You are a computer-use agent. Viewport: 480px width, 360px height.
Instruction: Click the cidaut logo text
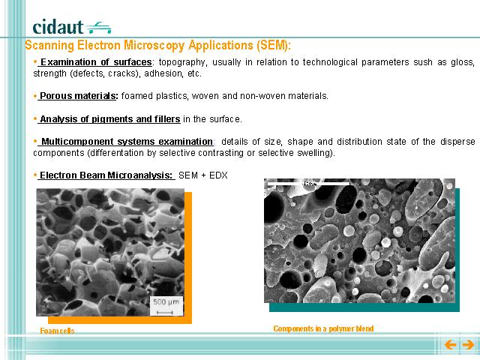click(x=58, y=27)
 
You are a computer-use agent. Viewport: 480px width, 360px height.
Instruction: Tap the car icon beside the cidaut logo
click(x=99, y=28)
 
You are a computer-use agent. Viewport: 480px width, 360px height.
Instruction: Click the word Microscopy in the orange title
click(x=154, y=45)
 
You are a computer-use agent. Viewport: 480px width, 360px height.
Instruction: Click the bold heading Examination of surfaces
click(x=96, y=62)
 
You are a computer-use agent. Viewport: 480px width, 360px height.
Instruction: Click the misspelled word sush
click(x=423, y=62)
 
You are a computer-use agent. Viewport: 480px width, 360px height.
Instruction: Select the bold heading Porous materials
click(x=78, y=96)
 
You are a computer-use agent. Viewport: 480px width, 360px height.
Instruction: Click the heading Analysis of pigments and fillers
click(x=110, y=118)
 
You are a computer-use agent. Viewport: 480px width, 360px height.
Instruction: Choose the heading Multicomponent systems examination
click(x=127, y=142)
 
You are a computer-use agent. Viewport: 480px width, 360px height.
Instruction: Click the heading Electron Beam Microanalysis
click(x=106, y=175)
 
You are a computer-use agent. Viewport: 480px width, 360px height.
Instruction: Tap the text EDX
click(x=218, y=175)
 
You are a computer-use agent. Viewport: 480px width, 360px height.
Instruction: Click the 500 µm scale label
click(x=166, y=302)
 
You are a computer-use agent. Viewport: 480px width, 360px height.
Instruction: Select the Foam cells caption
click(x=57, y=331)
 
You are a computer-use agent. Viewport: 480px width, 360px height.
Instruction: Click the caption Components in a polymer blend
click(x=323, y=328)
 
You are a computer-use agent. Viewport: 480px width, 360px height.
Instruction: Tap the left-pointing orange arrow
click(x=450, y=345)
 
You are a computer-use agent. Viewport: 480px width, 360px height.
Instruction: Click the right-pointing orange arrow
click(x=468, y=345)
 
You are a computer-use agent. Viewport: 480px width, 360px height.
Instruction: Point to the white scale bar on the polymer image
click(x=308, y=184)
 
